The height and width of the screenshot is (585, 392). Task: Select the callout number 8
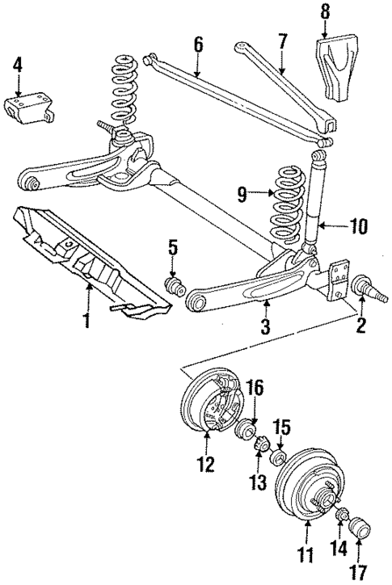(x=326, y=12)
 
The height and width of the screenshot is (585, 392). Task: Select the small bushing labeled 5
(x=175, y=287)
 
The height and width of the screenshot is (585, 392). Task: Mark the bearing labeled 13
(x=260, y=445)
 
